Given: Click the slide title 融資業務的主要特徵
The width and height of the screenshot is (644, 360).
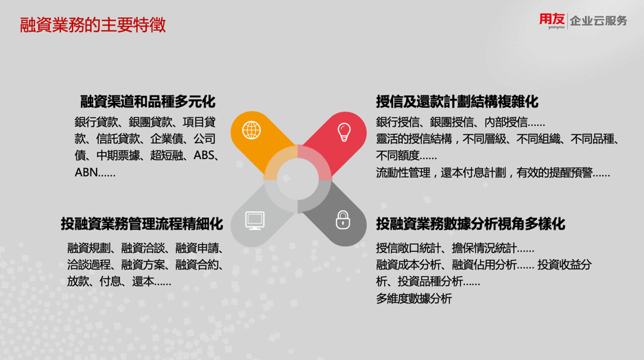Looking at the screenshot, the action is click(x=93, y=25).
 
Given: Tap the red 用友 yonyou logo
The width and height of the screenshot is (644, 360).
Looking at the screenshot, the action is click(x=552, y=21).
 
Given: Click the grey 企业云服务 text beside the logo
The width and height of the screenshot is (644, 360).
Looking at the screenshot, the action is click(x=599, y=21).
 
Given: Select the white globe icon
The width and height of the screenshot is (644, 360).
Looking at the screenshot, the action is click(x=251, y=130).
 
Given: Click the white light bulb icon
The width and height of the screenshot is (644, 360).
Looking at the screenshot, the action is click(x=344, y=132).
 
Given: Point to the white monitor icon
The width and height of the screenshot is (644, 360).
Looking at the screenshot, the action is click(x=254, y=220).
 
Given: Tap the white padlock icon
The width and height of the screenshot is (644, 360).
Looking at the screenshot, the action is click(x=343, y=219).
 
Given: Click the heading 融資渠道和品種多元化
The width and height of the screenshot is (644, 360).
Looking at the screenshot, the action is click(x=148, y=101).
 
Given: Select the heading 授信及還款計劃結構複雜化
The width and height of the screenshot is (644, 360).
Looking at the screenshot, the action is click(x=457, y=101).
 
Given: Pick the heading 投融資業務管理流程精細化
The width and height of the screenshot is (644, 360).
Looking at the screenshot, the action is click(x=142, y=224).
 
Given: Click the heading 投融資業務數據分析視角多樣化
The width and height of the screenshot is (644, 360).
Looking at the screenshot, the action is click(x=470, y=224).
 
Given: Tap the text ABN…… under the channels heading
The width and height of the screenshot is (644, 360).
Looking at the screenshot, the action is click(x=95, y=172).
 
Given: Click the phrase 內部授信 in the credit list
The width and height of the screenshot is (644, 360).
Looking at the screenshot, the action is click(x=505, y=122).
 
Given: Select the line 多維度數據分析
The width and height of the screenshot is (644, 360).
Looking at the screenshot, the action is click(x=414, y=298).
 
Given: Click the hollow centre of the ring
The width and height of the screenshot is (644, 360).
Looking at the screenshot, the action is click(x=298, y=179).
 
